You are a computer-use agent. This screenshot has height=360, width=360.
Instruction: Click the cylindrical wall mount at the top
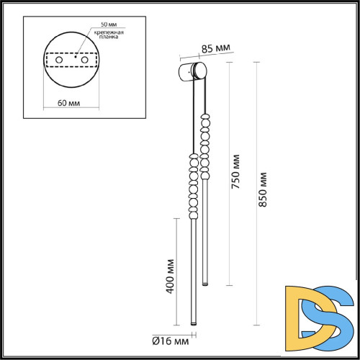(192, 71)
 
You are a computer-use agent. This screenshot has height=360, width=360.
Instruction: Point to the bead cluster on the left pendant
(193, 187)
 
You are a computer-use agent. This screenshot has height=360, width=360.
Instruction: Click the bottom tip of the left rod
(193, 323)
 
